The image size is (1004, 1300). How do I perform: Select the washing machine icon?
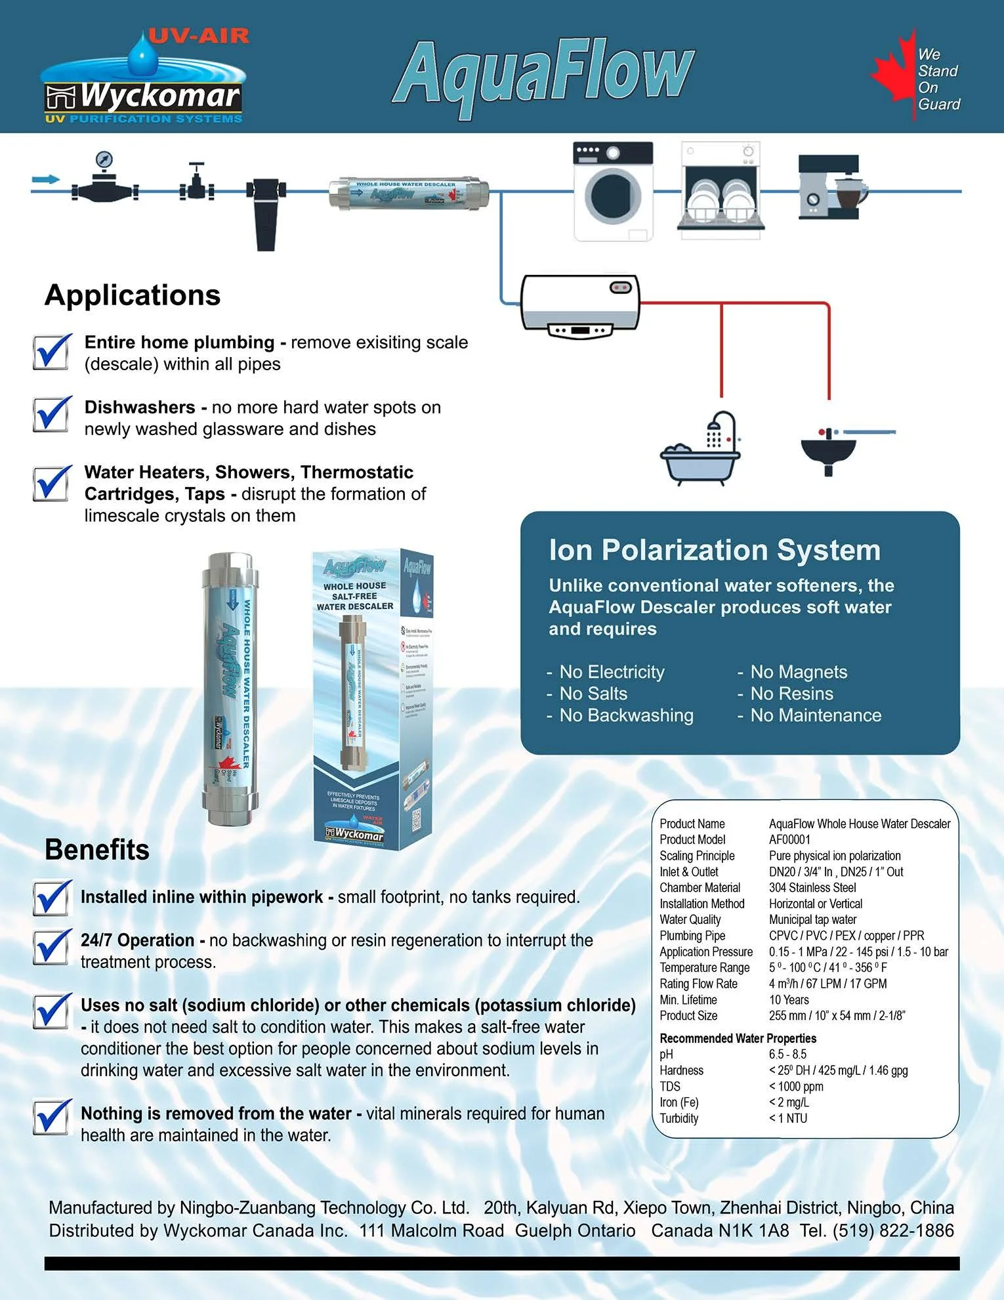614,191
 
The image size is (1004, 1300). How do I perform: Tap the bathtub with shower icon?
701,448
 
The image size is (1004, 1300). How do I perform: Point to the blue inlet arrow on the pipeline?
46,179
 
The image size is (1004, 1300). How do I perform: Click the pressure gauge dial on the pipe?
104,159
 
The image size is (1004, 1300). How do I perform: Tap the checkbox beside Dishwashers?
52,415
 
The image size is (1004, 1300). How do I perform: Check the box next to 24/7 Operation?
52,948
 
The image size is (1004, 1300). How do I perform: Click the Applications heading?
133,295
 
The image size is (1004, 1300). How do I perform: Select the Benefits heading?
97,850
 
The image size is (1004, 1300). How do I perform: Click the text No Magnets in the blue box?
799,672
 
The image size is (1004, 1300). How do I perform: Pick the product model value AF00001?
789,839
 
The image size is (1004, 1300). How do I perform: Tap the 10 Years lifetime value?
789,999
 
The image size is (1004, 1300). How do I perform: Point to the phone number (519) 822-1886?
893,1230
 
